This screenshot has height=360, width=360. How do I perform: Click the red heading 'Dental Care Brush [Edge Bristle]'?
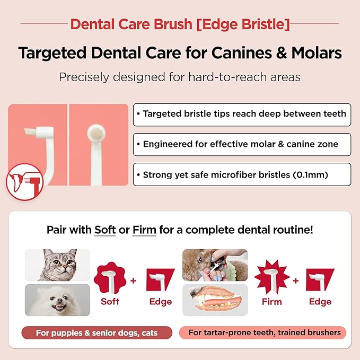tap(180, 24)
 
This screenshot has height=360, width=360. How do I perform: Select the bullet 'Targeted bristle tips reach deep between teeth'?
tap(244, 114)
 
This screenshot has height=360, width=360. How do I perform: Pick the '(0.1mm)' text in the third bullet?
tap(313, 174)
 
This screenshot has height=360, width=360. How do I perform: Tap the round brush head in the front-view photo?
tap(96, 131)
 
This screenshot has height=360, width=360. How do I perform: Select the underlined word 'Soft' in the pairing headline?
tap(105, 230)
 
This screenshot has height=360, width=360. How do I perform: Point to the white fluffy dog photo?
tap(57, 300)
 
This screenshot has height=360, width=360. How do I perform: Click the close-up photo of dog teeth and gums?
tap(215, 300)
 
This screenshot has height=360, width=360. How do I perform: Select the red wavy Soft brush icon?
tap(110, 277)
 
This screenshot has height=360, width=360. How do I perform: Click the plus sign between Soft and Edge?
tap(134, 280)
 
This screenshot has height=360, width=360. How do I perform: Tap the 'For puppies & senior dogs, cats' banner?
tap(97, 333)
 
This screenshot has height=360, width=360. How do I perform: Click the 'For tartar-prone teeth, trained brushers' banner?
tap(263, 333)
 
